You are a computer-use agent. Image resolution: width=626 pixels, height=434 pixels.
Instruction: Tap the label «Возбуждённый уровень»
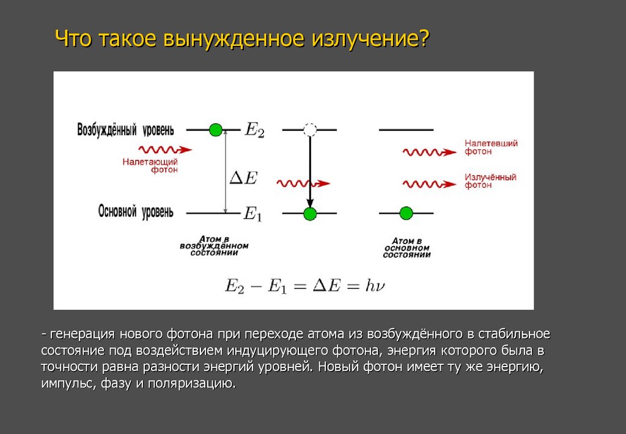point(125,130)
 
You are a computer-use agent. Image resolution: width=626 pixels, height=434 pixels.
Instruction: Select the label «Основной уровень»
point(136,212)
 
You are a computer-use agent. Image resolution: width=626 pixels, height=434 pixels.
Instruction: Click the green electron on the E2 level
point(215,130)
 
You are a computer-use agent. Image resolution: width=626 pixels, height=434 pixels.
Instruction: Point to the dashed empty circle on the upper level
point(310,130)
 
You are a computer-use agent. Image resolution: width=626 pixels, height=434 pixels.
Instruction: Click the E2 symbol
point(254,130)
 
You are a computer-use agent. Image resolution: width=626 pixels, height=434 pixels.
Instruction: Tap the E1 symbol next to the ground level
point(252,214)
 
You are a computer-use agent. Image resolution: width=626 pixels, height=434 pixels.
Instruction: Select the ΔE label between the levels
point(243,178)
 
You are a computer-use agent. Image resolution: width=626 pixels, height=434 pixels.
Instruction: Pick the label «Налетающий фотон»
point(150,166)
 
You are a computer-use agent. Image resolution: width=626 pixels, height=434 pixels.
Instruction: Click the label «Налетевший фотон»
point(491,147)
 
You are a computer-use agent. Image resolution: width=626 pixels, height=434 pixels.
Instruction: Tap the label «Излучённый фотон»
point(490,181)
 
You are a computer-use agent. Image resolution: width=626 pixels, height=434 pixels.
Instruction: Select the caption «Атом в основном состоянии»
point(406,248)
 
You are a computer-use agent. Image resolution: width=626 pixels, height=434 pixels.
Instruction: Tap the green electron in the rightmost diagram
point(406,213)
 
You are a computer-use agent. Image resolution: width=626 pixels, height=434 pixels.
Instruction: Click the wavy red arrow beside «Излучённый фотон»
point(429,183)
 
